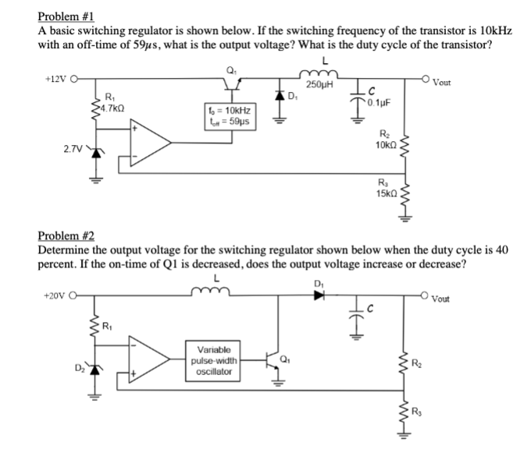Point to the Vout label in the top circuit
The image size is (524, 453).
(x=490, y=82)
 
